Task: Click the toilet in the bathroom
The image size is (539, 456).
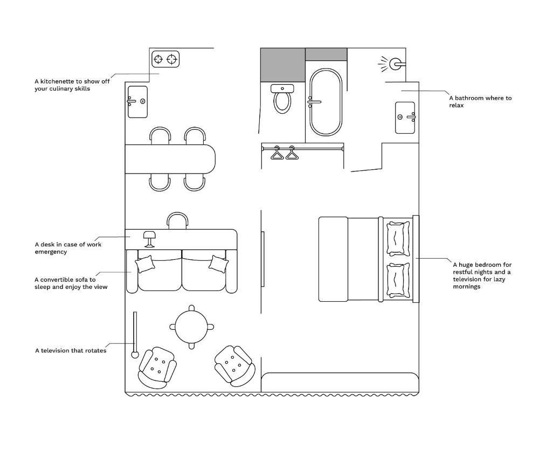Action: (x=282, y=99)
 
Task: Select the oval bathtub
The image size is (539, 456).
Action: (x=326, y=102)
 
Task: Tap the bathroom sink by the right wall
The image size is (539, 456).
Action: (x=405, y=118)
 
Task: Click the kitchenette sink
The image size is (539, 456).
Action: (x=137, y=102)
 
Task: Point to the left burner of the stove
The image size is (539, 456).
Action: (x=158, y=59)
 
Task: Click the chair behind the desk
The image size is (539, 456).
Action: (x=177, y=220)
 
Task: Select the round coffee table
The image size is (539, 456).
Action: (x=191, y=327)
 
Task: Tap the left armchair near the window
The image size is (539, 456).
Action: (x=157, y=368)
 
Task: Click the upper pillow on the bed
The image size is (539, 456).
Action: (x=398, y=238)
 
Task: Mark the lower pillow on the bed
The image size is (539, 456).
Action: (x=398, y=280)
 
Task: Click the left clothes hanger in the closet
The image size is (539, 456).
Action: (x=277, y=153)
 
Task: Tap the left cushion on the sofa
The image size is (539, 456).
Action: (x=144, y=264)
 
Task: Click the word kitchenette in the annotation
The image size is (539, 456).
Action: (x=57, y=81)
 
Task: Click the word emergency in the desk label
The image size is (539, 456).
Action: (x=51, y=252)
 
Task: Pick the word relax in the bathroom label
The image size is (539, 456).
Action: (x=456, y=106)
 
